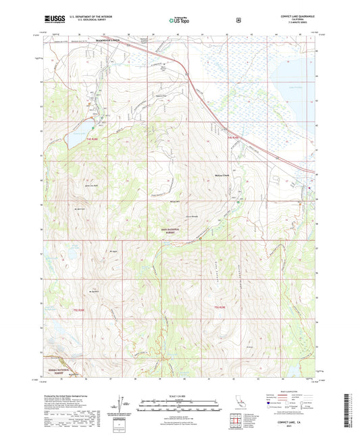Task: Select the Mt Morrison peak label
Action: [x=79, y=209]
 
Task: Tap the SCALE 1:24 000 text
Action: [x=180, y=394]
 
